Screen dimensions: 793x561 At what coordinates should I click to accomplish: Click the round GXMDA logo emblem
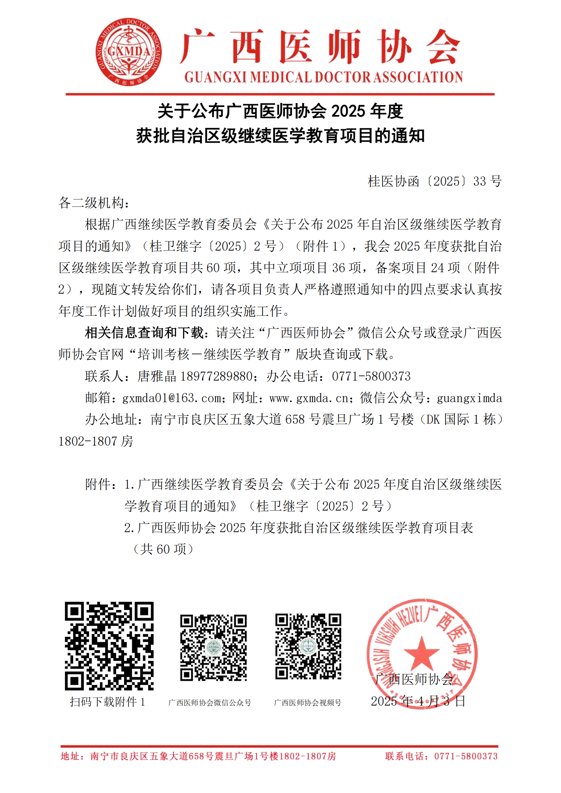click(x=129, y=52)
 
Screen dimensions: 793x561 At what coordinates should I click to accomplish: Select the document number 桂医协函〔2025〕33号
click(x=434, y=181)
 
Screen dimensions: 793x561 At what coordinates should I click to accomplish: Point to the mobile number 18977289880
click(x=216, y=376)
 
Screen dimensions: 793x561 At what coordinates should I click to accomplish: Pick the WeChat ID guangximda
click(x=469, y=398)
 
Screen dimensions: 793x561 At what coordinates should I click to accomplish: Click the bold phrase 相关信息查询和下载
click(x=144, y=333)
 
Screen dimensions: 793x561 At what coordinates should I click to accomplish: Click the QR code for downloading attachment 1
click(x=109, y=646)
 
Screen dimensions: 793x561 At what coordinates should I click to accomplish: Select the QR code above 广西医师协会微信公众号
click(x=214, y=647)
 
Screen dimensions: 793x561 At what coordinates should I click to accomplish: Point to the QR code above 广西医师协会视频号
click(x=308, y=646)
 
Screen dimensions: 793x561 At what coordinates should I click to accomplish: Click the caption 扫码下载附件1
click(x=107, y=702)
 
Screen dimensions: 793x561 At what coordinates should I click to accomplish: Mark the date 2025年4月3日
click(x=417, y=701)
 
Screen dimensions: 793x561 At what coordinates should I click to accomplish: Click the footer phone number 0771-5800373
click(x=466, y=756)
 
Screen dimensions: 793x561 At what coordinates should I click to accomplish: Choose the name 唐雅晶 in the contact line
click(x=157, y=376)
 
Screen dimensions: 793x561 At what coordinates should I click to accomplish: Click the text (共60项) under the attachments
click(x=163, y=549)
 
